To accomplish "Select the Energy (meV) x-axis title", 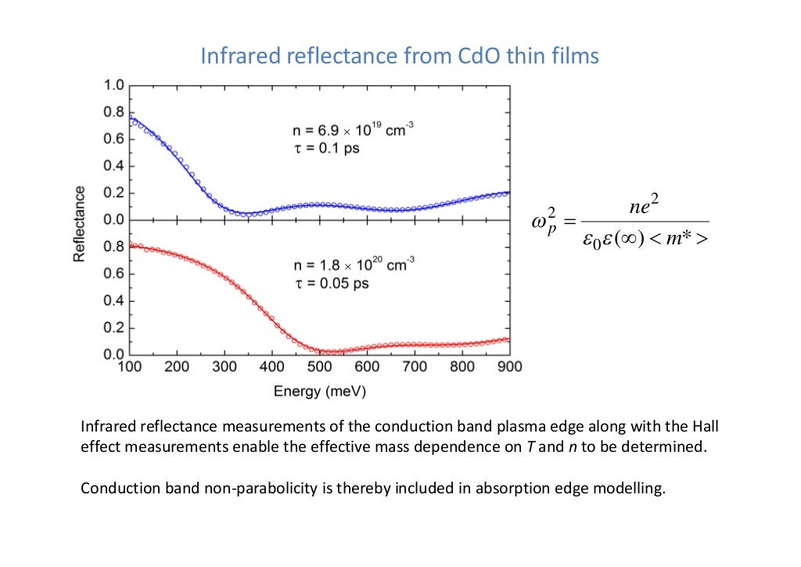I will click(x=319, y=391).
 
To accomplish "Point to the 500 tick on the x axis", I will click(x=319, y=367).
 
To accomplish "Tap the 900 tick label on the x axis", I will click(x=509, y=367).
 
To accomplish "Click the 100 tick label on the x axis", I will click(x=130, y=367).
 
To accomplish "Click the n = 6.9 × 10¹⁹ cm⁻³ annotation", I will click(x=347, y=132).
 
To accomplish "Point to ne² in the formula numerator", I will click(x=646, y=207).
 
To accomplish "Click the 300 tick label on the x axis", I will click(x=224, y=367).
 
